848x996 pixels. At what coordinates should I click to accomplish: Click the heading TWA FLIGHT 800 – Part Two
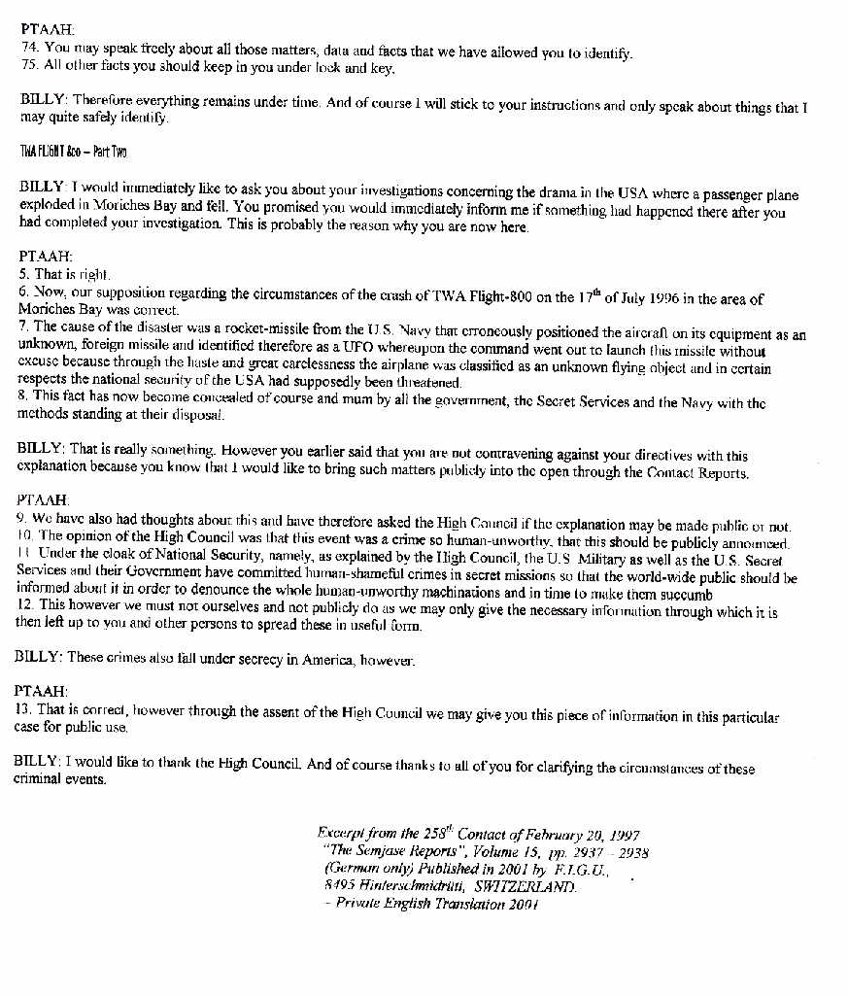click(x=74, y=152)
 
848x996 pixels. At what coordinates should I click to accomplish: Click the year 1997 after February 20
click(x=621, y=835)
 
